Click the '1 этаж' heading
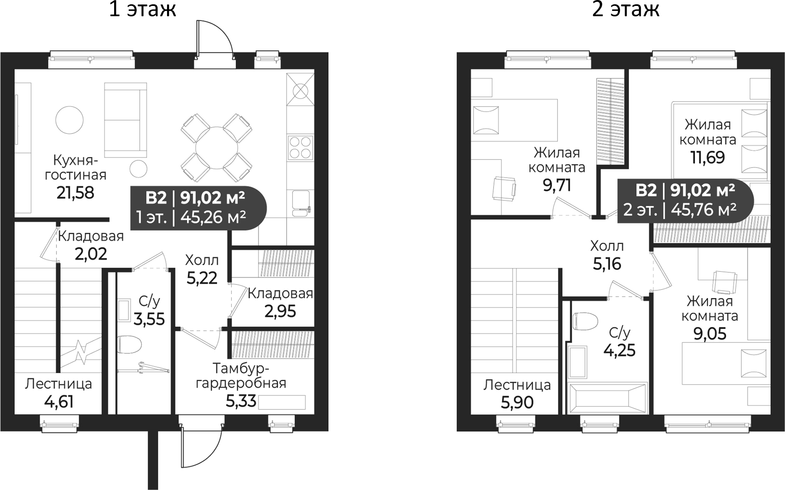point(143,9)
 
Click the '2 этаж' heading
point(625,9)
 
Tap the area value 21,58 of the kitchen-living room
point(75,193)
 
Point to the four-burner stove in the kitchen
point(300,148)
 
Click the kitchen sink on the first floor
point(302,204)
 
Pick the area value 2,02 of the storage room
point(91,254)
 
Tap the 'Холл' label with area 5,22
point(202,260)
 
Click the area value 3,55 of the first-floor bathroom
point(149,319)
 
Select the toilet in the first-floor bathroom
point(129,345)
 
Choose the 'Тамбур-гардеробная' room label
point(241,375)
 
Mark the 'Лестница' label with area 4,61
point(58,384)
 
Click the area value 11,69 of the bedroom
point(708,158)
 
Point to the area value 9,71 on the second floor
point(557,185)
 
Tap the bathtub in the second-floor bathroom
point(607,398)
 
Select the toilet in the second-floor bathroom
point(584,321)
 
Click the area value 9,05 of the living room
point(710,334)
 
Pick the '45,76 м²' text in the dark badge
point(704,209)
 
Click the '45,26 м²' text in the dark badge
point(213,217)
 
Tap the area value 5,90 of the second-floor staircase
point(517,402)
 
